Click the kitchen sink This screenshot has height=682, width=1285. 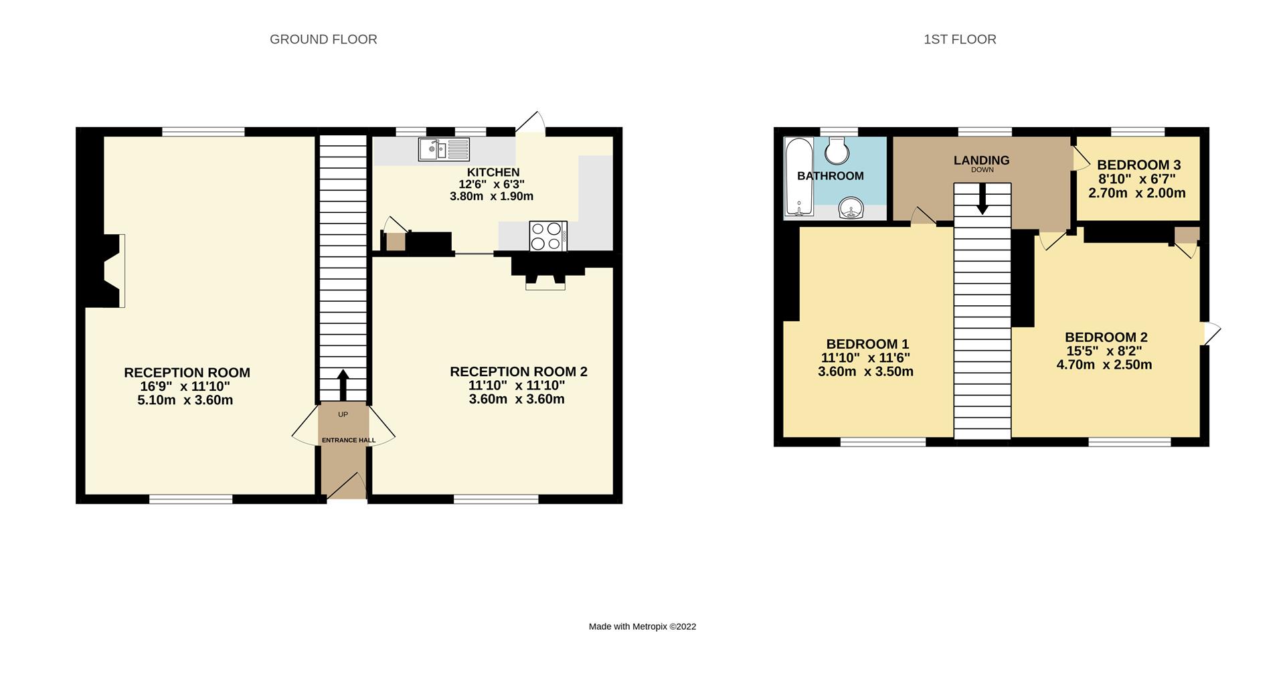point(444,149)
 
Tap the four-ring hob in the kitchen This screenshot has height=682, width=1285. point(547,236)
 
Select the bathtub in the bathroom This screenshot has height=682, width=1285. point(798,177)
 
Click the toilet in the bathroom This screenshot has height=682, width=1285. point(837,151)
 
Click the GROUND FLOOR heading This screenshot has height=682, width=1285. point(323,39)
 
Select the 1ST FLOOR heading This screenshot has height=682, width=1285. point(960,39)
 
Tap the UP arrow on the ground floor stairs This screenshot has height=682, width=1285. point(343,384)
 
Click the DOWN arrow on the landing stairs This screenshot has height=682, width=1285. point(982,199)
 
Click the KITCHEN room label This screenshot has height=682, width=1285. point(493,172)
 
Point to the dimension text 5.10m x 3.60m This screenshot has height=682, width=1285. point(185,400)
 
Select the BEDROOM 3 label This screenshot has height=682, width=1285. point(1138,165)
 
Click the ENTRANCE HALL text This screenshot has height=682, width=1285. point(348,440)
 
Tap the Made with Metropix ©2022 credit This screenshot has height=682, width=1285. point(642,626)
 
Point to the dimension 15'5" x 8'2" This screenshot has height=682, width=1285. point(1104,351)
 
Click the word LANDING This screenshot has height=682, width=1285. point(981,160)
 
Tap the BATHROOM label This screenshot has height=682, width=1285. point(830,176)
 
